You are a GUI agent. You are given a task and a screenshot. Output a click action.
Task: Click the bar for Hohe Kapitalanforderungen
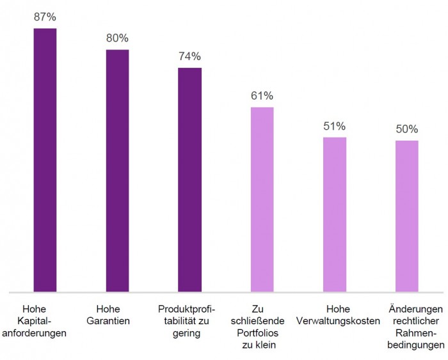tap(45, 160)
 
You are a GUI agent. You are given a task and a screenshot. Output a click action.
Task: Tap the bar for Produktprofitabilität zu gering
tap(189, 180)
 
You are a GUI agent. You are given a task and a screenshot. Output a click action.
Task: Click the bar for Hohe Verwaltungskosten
tap(334, 215)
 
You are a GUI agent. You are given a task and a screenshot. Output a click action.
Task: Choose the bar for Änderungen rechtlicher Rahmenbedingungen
tap(406, 216)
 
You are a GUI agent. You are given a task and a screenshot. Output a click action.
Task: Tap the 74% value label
tap(189, 56)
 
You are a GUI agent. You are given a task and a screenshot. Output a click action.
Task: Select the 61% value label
tap(262, 96)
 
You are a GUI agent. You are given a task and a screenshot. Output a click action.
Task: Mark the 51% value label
tap(334, 126)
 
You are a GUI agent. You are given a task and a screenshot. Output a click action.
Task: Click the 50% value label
tap(406, 129)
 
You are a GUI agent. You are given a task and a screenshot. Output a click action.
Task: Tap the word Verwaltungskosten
tap(334, 321)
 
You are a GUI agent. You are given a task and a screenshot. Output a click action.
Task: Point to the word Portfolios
tap(262, 333)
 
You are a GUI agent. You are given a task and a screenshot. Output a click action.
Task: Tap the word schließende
tap(262, 321)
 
